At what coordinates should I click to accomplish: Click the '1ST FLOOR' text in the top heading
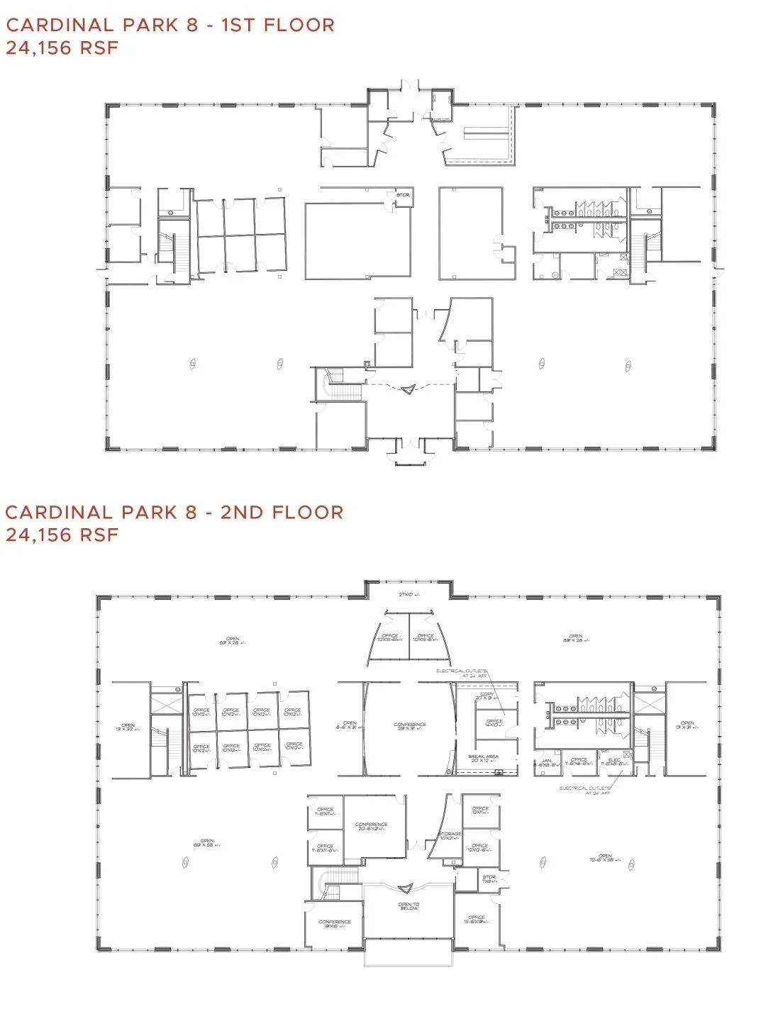[277, 25]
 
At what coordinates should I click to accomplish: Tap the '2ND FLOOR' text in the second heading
[282, 512]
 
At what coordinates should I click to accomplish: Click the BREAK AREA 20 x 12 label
[483, 758]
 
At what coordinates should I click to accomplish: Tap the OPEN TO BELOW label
[409, 906]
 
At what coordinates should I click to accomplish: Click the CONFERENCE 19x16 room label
[335, 923]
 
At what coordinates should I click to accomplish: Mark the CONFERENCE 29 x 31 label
[410, 726]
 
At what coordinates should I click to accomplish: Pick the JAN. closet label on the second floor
[547, 761]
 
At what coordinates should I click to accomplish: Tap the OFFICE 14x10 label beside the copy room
[494, 722]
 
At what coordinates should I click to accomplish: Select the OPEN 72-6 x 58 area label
[604, 858]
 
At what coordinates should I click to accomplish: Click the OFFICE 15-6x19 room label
[476, 920]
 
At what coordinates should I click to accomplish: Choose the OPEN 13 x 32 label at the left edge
[128, 727]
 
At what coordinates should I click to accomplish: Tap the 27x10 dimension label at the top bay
[409, 593]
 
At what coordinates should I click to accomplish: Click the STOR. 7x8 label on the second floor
[489, 879]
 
